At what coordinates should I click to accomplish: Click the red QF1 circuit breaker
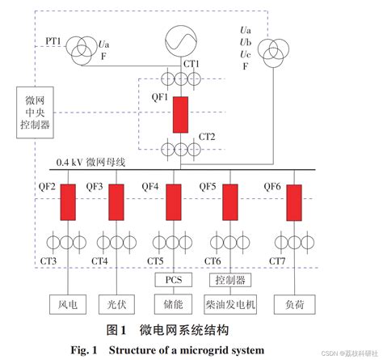coord(180,114)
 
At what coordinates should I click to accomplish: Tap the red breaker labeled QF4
coord(173,202)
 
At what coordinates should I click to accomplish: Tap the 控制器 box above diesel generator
coord(230,280)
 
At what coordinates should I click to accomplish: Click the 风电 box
coord(68,306)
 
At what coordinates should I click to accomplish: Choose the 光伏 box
coord(116,306)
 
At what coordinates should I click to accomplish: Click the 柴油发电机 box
coord(230,306)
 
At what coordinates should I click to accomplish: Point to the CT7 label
coord(278,260)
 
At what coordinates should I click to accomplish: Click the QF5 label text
coord(208,186)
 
